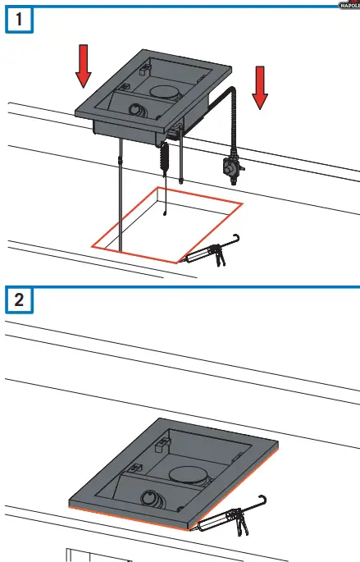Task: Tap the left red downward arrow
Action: point(84,66)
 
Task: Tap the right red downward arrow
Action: point(260,89)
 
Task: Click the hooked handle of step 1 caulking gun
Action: point(236,239)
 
